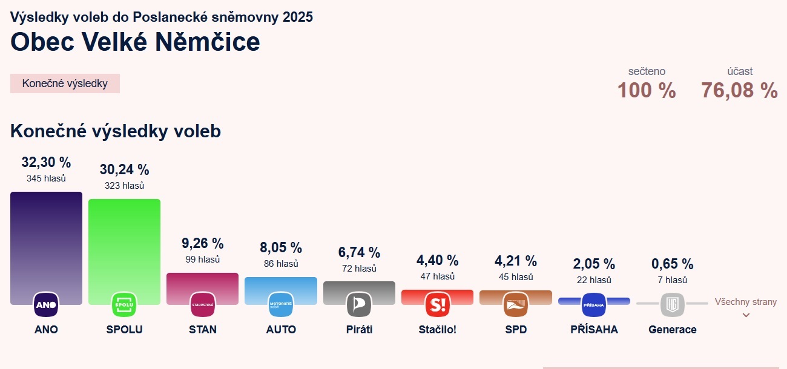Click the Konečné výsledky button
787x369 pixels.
click(x=65, y=83)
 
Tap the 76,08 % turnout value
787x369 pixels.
click(x=739, y=91)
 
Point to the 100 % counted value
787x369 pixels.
click(x=647, y=91)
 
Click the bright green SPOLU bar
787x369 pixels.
click(x=124, y=242)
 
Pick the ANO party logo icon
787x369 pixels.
click(x=46, y=304)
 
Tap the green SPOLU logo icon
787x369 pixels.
click(x=124, y=304)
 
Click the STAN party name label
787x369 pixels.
click(x=202, y=330)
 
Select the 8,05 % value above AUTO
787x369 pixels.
click(x=280, y=247)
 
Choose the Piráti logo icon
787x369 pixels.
click(x=358, y=304)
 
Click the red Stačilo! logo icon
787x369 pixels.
click(x=437, y=304)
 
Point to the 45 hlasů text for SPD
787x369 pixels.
click(x=515, y=277)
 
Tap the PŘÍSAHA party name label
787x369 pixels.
click(x=594, y=330)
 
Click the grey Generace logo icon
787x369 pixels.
click(x=672, y=304)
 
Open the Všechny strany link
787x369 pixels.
click(x=745, y=302)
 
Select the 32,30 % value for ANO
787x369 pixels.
click(x=46, y=162)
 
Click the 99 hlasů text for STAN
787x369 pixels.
click(x=202, y=260)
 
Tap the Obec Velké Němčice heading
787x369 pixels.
click(x=135, y=42)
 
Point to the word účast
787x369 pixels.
click(x=740, y=71)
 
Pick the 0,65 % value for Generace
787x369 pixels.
click(x=672, y=264)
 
